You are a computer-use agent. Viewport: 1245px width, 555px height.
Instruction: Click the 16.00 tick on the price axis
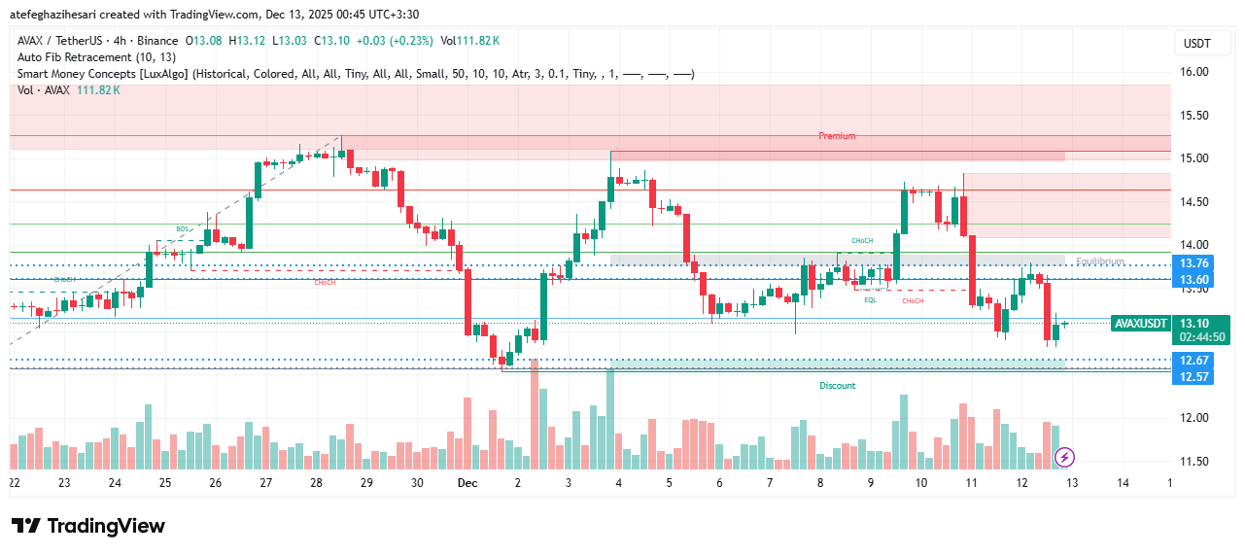click(1194, 72)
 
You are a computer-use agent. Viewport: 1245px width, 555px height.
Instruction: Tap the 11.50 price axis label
click(1194, 462)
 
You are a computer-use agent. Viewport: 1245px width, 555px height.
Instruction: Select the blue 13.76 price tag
click(1193, 263)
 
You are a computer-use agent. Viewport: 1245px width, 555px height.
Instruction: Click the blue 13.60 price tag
click(1193, 280)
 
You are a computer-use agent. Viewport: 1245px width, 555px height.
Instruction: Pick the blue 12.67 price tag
click(1193, 361)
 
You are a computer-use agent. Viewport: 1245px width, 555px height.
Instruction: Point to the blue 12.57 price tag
click(1193, 376)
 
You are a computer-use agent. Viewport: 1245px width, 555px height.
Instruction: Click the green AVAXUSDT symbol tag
click(1139, 324)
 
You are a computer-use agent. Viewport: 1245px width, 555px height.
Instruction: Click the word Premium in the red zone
click(837, 136)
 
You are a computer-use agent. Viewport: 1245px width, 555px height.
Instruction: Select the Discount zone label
click(837, 386)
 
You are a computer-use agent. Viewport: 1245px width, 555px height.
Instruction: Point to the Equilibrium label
click(1100, 261)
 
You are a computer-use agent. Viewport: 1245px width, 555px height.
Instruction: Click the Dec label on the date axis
click(467, 482)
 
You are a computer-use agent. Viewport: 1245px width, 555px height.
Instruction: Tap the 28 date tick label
click(316, 482)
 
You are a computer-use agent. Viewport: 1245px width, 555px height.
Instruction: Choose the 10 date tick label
click(920, 482)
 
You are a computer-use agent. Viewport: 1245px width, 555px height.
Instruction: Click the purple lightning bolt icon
click(1064, 456)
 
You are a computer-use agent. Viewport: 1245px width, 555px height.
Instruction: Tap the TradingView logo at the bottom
click(88, 526)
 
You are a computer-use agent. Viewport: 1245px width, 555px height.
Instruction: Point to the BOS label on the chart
click(183, 229)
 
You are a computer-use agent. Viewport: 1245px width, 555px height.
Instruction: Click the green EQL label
click(871, 300)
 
